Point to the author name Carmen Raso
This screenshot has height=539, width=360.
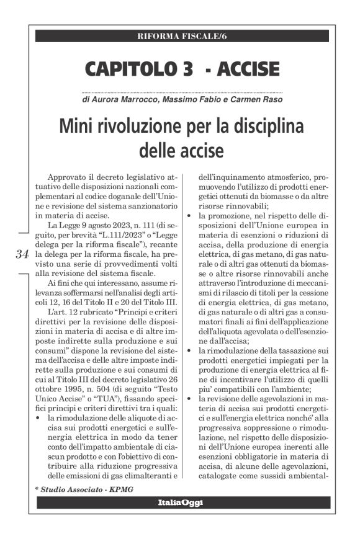254,99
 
